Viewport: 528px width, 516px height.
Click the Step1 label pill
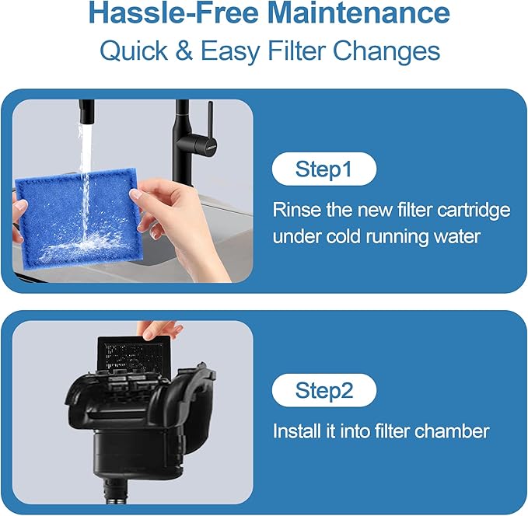pyautogui.click(x=323, y=169)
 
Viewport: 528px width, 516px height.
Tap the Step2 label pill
pyautogui.click(x=323, y=390)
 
